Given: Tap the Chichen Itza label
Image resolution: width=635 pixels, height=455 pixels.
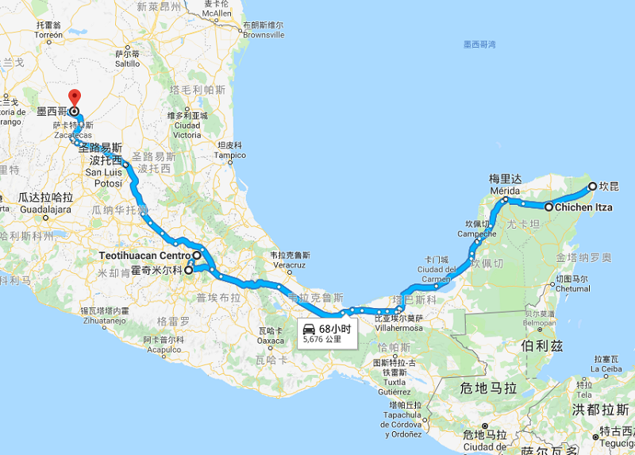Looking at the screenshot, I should pyautogui.click(x=583, y=206).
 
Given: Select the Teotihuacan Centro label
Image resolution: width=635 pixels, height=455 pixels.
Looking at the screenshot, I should pyautogui.click(x=146, y=256).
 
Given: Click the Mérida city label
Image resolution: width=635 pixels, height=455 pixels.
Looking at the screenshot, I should pyautogui.click(x=505, y=191).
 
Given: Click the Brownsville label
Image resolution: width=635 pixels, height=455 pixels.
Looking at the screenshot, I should pyautogui.click(x=264, y=35).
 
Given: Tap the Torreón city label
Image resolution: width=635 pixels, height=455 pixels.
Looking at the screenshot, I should pyautogui.click(x=48, y=35).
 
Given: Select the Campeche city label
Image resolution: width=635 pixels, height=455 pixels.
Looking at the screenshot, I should pyautogui.click(x=477, y=234).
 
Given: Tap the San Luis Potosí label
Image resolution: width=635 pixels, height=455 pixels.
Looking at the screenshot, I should pyautogui.click(x=104, y=172).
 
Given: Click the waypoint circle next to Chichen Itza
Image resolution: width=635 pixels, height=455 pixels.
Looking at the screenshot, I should pyautogui.click(x=548, y=206).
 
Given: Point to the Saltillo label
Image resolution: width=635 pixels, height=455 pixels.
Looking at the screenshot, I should pyautogui.click(x=128, y=63).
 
